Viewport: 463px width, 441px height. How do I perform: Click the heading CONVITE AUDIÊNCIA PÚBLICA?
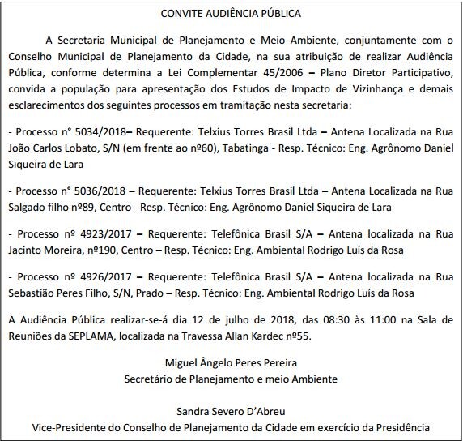(231, 14)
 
